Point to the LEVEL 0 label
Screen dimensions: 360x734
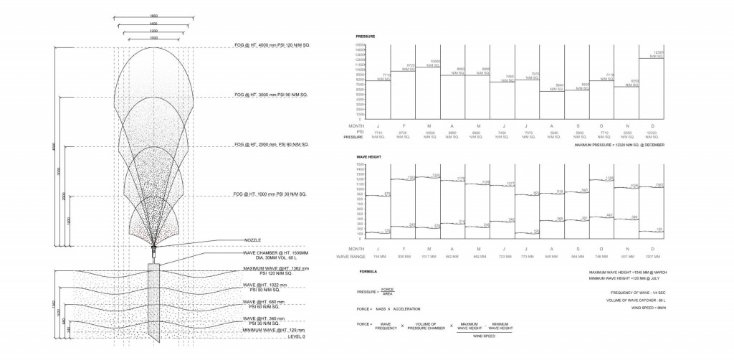coord(294,336)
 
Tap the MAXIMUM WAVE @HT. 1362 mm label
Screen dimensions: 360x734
coord(275,269)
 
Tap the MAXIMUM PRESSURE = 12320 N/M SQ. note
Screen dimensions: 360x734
coord(619,145)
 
